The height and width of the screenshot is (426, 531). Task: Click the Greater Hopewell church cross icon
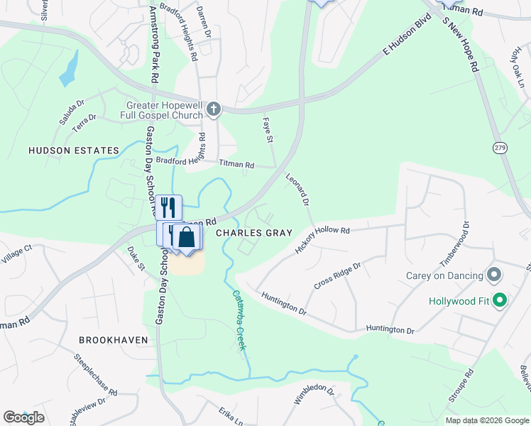pos(214,109)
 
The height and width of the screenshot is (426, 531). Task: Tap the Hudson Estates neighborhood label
pos(73,151)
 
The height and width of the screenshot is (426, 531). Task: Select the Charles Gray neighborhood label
pos(245,233)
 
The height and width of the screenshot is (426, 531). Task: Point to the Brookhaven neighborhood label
pos(114,340)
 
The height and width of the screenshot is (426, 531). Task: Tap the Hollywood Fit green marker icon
pos(499,301)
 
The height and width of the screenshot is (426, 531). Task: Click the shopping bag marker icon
pos(187,236)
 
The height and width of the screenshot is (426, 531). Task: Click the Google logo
pos(23,417)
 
